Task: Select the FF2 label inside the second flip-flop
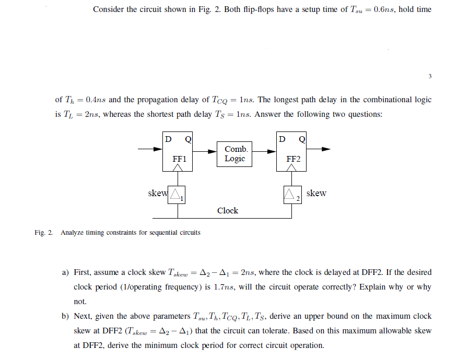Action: [x=293, y=159]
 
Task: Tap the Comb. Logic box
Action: [x=235, y=153]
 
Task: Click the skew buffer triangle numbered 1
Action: [x=178, y=195]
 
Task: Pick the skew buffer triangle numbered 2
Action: [x=291, y=195]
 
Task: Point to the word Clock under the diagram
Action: [x=228, y=211]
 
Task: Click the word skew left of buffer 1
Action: [x=157, y=193]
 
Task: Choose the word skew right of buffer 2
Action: [x=316, y=193]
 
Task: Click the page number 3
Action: [x=430, y=76]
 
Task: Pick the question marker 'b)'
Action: [x=66, y=316]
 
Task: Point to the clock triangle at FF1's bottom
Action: [x=178, y=167]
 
